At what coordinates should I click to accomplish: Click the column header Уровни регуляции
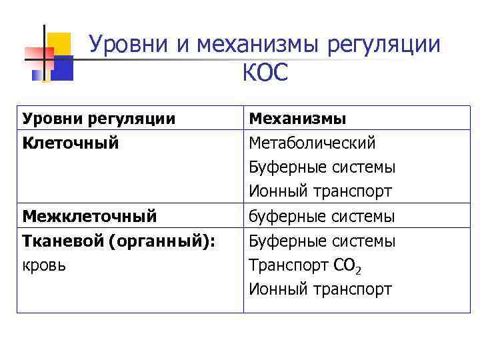pos(99,119)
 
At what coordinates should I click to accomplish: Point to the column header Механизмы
pos(297,119)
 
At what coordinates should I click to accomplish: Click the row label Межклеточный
pos(89,216)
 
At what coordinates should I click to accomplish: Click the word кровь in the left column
pos(44,265)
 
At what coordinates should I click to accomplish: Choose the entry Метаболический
pos(312,143)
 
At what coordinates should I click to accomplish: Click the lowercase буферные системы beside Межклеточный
pos(322,216)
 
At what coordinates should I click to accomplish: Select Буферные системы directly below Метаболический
pos(322,167)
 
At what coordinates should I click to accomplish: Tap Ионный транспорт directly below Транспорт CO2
pos(320,289)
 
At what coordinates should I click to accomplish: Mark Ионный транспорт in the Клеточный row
pos(320,192)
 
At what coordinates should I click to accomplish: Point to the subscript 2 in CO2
pos(359,270)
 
